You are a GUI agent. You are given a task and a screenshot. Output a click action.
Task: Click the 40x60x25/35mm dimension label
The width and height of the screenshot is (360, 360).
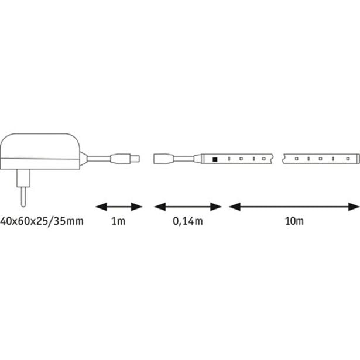tap(42, 221)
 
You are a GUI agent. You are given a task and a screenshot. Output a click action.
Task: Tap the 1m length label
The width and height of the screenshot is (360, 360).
tap(118, 221)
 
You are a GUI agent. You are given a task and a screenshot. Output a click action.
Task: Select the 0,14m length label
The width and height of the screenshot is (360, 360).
tap(188, 221)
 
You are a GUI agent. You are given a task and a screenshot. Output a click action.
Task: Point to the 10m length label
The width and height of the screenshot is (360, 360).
tap(294, 221)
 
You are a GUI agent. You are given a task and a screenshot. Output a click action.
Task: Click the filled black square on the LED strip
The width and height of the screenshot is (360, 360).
tap(215, 159)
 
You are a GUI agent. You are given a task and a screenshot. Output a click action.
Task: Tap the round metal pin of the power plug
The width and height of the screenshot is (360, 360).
tap(23, 197)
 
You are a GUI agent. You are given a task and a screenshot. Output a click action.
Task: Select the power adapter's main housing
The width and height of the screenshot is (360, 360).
tap(40, 151)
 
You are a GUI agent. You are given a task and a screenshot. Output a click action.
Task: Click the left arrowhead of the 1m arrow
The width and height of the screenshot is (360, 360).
tap(101, 207)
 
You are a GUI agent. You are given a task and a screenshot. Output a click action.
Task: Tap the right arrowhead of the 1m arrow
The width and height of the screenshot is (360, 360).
tap(136, 207)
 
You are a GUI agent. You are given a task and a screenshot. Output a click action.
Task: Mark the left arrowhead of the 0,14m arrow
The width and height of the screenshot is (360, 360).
tap(160, 207)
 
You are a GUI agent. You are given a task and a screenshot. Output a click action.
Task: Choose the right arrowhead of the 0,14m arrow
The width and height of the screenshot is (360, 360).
tap(215, 207)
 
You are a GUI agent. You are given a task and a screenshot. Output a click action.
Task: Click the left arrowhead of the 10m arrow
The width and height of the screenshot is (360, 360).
tap(235, 207)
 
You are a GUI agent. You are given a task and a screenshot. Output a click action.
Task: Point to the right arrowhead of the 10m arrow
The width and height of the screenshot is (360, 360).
tap(354, 207)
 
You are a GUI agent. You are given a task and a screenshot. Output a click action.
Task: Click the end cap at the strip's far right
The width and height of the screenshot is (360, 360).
tap(358, 159)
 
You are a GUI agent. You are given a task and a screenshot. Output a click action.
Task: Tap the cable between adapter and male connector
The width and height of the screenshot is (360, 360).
tap(99, 159)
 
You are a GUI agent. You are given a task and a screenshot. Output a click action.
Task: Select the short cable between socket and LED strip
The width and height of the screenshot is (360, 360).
tap(184, 159)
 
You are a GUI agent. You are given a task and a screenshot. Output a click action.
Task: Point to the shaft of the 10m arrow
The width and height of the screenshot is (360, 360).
tap(294, 207)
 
